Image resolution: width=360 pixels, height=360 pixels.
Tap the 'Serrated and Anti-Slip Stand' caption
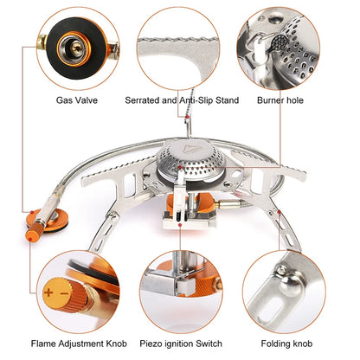(x=181, y=100)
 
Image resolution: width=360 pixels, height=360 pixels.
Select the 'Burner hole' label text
(x=286, y=100)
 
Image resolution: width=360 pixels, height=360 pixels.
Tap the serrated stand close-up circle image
(x=180, y=46)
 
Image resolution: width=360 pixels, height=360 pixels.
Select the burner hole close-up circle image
(x=286, y=46)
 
